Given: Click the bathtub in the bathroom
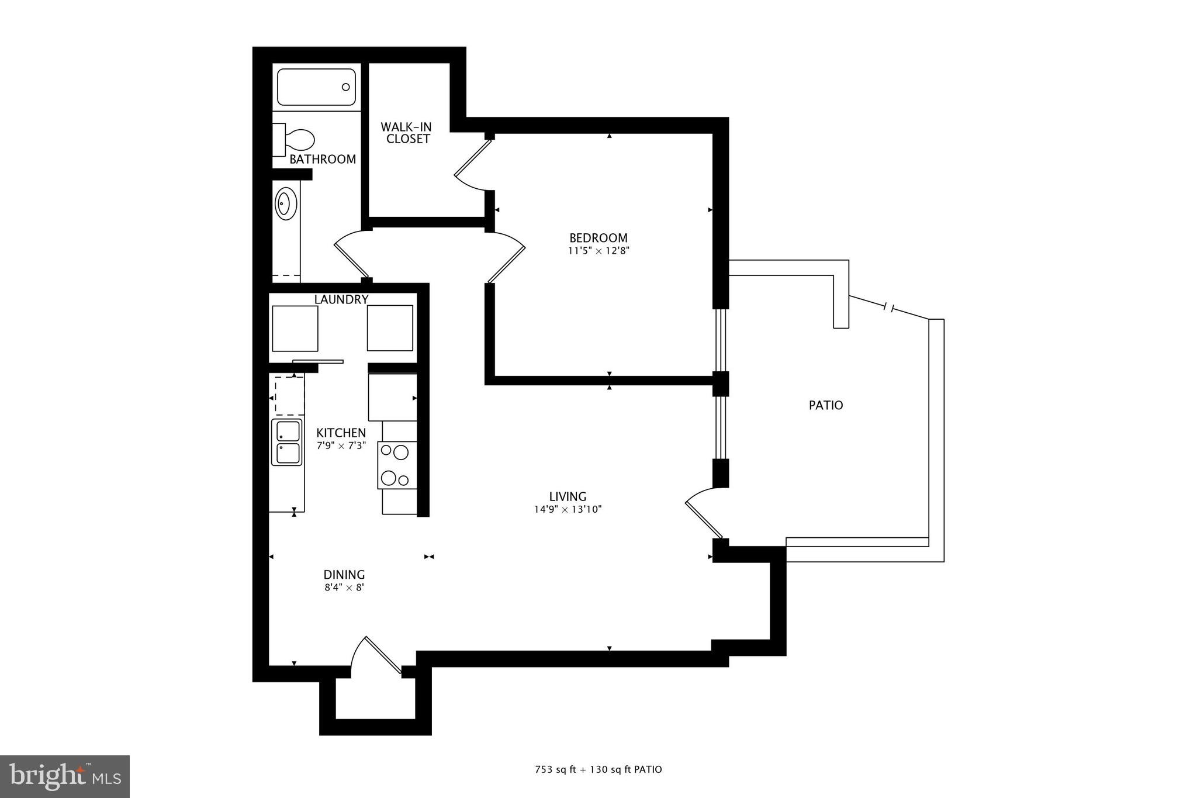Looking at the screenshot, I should (316, 88).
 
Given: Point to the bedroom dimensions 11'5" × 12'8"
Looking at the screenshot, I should (598, 251).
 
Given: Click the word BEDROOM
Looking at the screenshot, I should (598, 238).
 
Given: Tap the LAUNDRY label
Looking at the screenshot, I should (341, 299).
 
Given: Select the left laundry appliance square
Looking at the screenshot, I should (296, 328).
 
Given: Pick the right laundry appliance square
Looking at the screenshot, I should (390, 328).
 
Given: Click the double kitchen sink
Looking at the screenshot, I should (287, 443).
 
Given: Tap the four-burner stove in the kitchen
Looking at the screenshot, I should (397, 465).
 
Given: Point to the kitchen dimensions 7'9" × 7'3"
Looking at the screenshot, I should (341, 445).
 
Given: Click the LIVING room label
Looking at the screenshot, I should (568, 497).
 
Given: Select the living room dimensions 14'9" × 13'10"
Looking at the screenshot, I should (568, 509).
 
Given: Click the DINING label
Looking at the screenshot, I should (344, 575).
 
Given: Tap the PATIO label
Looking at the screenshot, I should (826, 405).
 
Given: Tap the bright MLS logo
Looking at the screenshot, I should (65, 776).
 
